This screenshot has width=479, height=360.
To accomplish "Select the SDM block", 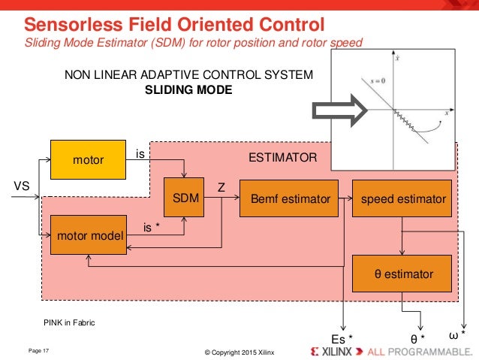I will point(185,199).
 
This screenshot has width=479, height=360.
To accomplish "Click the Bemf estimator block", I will point(289,199).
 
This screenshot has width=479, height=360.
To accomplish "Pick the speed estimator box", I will point(403,199).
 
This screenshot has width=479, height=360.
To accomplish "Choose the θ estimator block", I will point(403,274).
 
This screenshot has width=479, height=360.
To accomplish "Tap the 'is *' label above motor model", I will point(152,225).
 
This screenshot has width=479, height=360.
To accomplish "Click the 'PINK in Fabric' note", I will point(70,322).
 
